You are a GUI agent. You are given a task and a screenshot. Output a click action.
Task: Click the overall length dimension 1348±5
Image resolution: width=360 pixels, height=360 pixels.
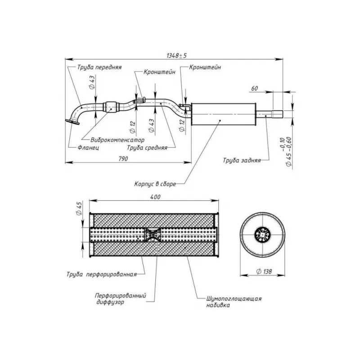pyautogui.click(x=176, y=55)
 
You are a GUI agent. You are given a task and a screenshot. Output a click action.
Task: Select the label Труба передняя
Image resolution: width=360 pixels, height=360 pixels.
pyautogui.click(x=99, y=67)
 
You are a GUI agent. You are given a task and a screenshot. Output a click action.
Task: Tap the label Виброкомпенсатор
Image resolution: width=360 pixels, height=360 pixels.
pyautogui.click(x=117, y=140)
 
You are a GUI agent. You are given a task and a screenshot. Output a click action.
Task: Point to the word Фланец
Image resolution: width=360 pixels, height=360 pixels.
pyautogui.click(x=88, y=148)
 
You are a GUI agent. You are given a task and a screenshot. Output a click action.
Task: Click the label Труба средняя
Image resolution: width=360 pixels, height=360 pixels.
pyautogui.click(x=147, y=148)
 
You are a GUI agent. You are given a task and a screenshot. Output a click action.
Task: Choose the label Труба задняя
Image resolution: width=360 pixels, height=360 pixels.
pyautogui.click(x=242, y=160)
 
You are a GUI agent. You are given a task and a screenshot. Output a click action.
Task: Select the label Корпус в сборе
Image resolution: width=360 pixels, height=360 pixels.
pyautogui.click(x=155, y=184)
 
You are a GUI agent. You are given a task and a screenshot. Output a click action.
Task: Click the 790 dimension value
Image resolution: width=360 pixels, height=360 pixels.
pyautogui.click(x=123, y=159)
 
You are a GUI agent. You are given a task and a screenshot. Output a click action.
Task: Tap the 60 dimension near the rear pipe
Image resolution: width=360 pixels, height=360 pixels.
pyautogui.click(x=254, y=88)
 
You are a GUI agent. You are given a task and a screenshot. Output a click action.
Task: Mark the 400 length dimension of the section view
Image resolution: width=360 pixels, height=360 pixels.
pyautogui.click(x=155, y=197)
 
